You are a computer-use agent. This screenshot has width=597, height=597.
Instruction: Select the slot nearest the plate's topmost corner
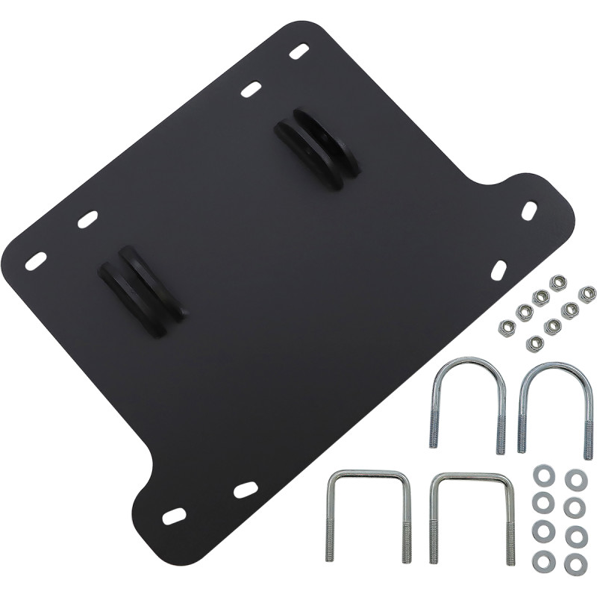pos(298,53)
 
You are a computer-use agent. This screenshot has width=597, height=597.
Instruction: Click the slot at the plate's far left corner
pos(36,260)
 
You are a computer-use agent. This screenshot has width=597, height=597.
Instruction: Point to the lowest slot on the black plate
pos(174,516)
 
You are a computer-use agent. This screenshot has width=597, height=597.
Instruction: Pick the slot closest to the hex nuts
pos(498,270)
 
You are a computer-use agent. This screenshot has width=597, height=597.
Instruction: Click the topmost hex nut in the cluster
pos(557,283)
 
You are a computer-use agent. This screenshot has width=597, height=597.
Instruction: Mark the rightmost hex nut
pos(587,294)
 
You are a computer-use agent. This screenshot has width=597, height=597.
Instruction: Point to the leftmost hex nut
pos(505,327)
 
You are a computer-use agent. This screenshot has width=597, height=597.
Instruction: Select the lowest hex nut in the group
pos(534,343)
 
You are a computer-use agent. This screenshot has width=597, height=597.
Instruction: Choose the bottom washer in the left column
pos(543,562)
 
